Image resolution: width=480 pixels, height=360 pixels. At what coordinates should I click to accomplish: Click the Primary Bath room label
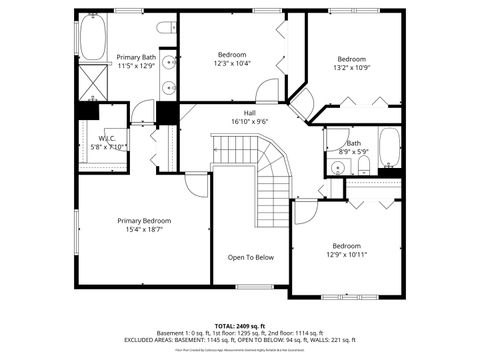click(136, 57)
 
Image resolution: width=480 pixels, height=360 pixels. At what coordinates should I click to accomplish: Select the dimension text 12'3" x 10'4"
click(233, 63)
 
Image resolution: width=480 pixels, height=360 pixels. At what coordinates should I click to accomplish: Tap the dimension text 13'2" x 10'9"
click(351, 68)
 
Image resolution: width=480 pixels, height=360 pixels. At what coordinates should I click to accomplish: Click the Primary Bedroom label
click(143, 220)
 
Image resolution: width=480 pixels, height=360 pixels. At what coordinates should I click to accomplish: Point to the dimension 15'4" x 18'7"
click(143, 229)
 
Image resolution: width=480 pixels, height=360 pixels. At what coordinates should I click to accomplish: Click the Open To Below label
click(250, 257)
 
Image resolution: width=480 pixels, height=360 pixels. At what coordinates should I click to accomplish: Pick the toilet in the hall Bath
click(364, 163)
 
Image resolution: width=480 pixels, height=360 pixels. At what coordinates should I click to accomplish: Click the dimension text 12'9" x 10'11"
click(346, 254)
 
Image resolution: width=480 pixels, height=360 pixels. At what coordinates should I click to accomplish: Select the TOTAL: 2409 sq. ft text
click(240, 326)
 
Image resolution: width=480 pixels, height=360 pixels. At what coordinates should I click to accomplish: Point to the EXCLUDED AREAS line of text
click(240, 340)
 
